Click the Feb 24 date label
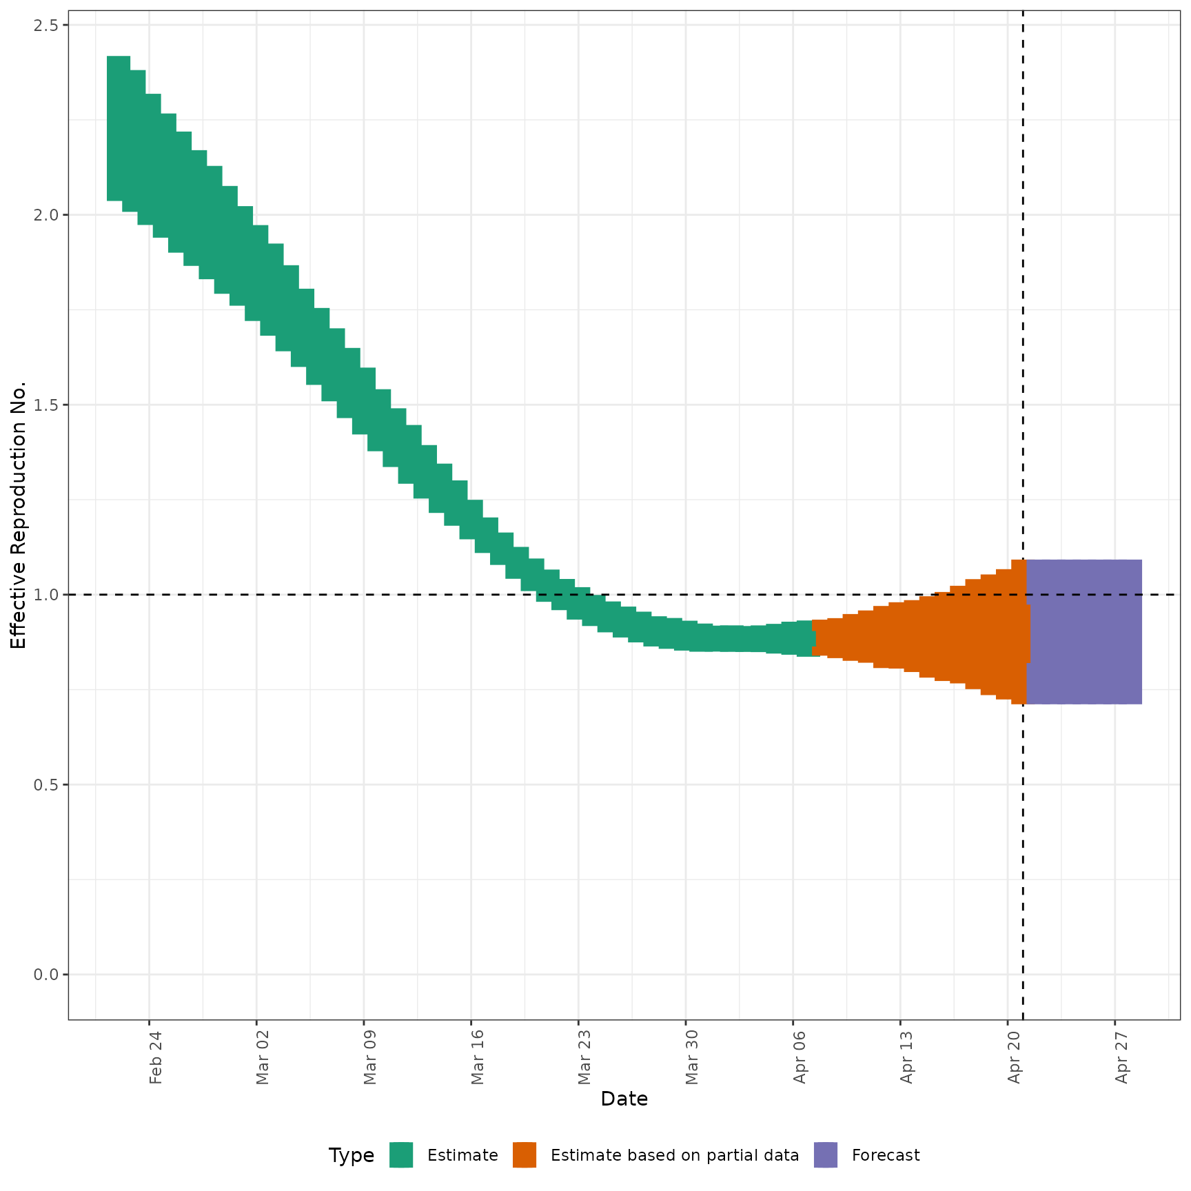coord(156,1057)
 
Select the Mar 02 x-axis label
coord(263,1057)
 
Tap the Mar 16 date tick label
coord(478,1057)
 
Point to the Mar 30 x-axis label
coord(692,1057)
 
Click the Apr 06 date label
coord(800,1057)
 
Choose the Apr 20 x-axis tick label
coord(1015,1057)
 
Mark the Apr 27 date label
coord(1122,1057)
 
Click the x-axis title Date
coord(624,1099)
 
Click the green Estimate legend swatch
coord(401,1155)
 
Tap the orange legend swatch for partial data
coord(525,1155)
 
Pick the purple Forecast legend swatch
coord(826,1155)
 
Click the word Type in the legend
coord(352,1155)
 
